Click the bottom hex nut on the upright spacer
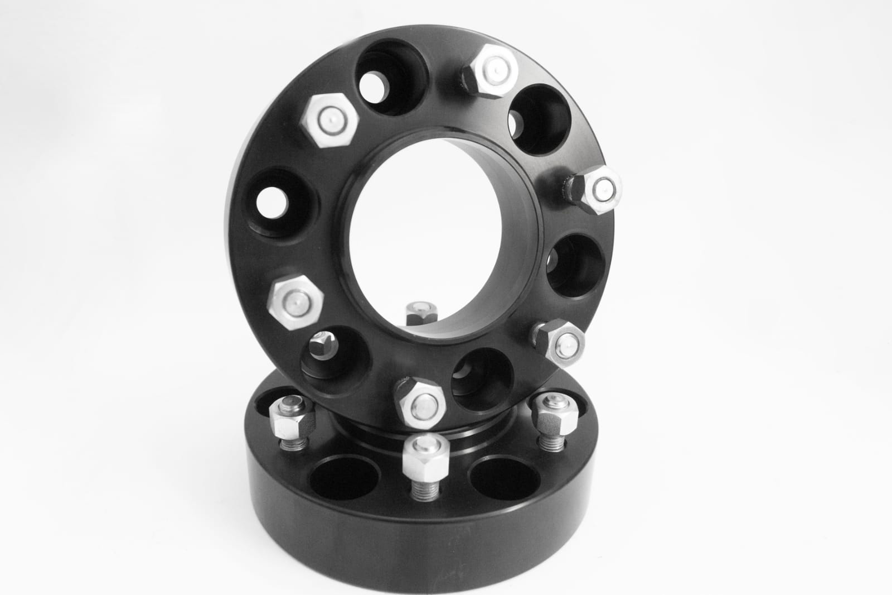(419, 401)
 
